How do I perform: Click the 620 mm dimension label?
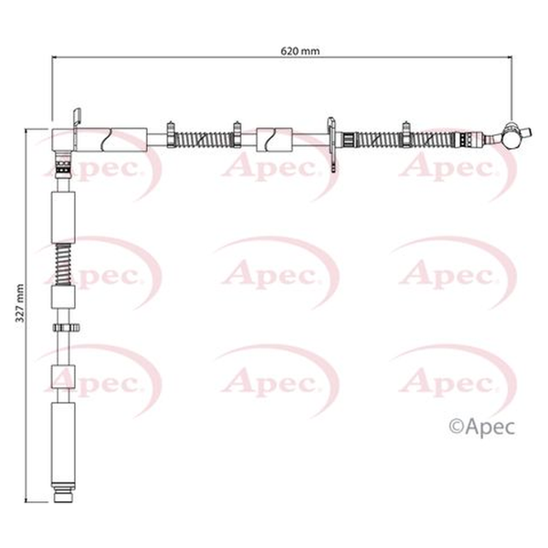pyautogui.click(x=300, y=51)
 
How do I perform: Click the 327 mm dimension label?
pyautogui.click(x=20, y=303)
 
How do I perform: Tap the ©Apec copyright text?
pyautogui.click(x=481, y=427)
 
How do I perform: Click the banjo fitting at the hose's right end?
pyautogui.click(x=513, y=135)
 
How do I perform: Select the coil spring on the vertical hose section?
pyautogui.click(x=63, y=264)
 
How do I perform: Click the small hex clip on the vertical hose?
pyautogui.click(x=66, y=328)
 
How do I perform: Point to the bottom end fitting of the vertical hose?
pyautogui.click(x=63, y=491)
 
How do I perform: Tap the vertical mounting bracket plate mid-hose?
pyautogui.click(x=332, y=144)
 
